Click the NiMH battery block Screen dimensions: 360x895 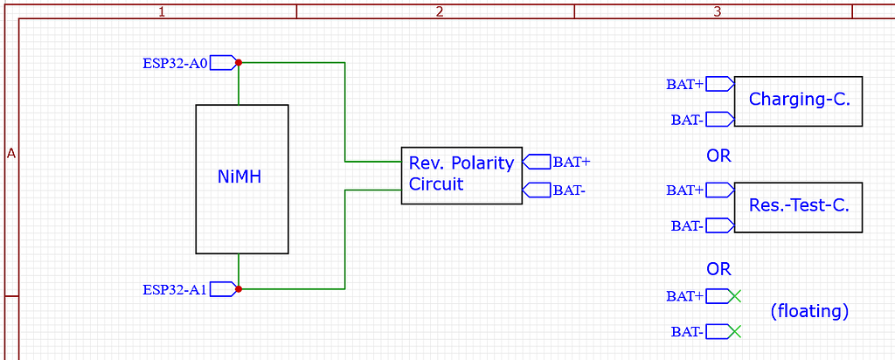pos(241,179)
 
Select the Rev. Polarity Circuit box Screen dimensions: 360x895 pos(461,175)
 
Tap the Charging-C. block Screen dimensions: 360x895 pos(798,100)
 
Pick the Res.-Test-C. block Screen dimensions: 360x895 pos(798,207)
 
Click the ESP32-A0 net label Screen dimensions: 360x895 pos(176,63)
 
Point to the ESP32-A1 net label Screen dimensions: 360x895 pos(176,289)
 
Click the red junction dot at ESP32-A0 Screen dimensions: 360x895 pos(239,63)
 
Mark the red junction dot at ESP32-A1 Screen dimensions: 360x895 pos(239,288)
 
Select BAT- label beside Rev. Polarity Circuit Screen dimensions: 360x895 pos(568,190)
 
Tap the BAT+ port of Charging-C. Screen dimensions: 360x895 pos(686,84)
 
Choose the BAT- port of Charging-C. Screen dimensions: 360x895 pos(688,120)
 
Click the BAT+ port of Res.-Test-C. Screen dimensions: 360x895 pos(686,190)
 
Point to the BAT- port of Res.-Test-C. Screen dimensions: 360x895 pos(688,225)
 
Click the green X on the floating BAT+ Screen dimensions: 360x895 pos(734,296)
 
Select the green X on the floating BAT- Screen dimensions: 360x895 pos(734,331)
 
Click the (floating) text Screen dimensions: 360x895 pos(809,311)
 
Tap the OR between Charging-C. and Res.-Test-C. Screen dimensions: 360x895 pos(718,156)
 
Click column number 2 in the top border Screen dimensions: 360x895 pos(439,11)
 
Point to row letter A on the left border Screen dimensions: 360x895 pos(11,154)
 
